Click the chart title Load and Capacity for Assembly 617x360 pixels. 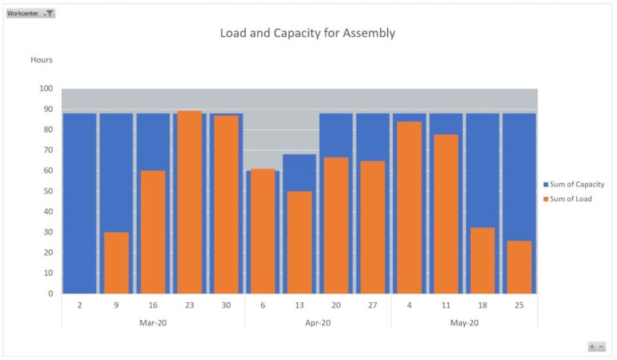pyautogui.click(x=308, y=33)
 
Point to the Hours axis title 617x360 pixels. pyautogui.click(x=42, y=59)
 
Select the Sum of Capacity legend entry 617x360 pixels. pyautogui.click(x=573, y=184)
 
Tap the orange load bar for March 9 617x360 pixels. pyautogui.click(x=116, y=263)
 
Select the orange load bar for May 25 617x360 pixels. pyautogui.click(x=519, y=267)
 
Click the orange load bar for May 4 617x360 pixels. pyautogui.click(x=409, y=207)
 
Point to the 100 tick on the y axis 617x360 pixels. pyautogui.click(x=46, y=89)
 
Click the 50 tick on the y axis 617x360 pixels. pyautogui.click(x=48, y=191)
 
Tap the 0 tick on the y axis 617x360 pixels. pyautogui.click(x=50, y=293)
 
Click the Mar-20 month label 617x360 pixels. pyautogui.click(x=152, y=322)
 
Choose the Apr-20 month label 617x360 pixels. pyautogui.click(x=317, y=322)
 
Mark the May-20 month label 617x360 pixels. pyautogui.click(x=464, y=322)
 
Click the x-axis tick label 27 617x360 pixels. pyautogui.click(x=372, y=305)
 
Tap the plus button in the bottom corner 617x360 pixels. pyautogui.click(x=592, y=346)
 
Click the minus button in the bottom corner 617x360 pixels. pyautogui.click(x=601, y=346)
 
